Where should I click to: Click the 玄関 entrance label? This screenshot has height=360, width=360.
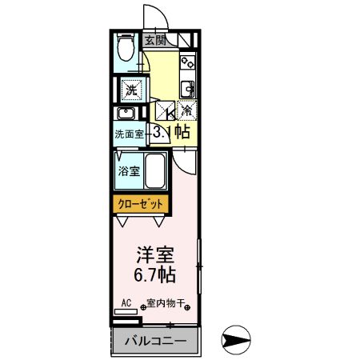coord(155,40)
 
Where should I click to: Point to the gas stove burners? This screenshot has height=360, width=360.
coord(189,61)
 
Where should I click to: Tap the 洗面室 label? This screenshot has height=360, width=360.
coord(128,134)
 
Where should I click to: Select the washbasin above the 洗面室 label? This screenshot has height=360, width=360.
coord(127,112)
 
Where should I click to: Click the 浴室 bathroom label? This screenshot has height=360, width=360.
coord(130,171)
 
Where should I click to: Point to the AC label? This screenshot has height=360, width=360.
coord(126,303)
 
